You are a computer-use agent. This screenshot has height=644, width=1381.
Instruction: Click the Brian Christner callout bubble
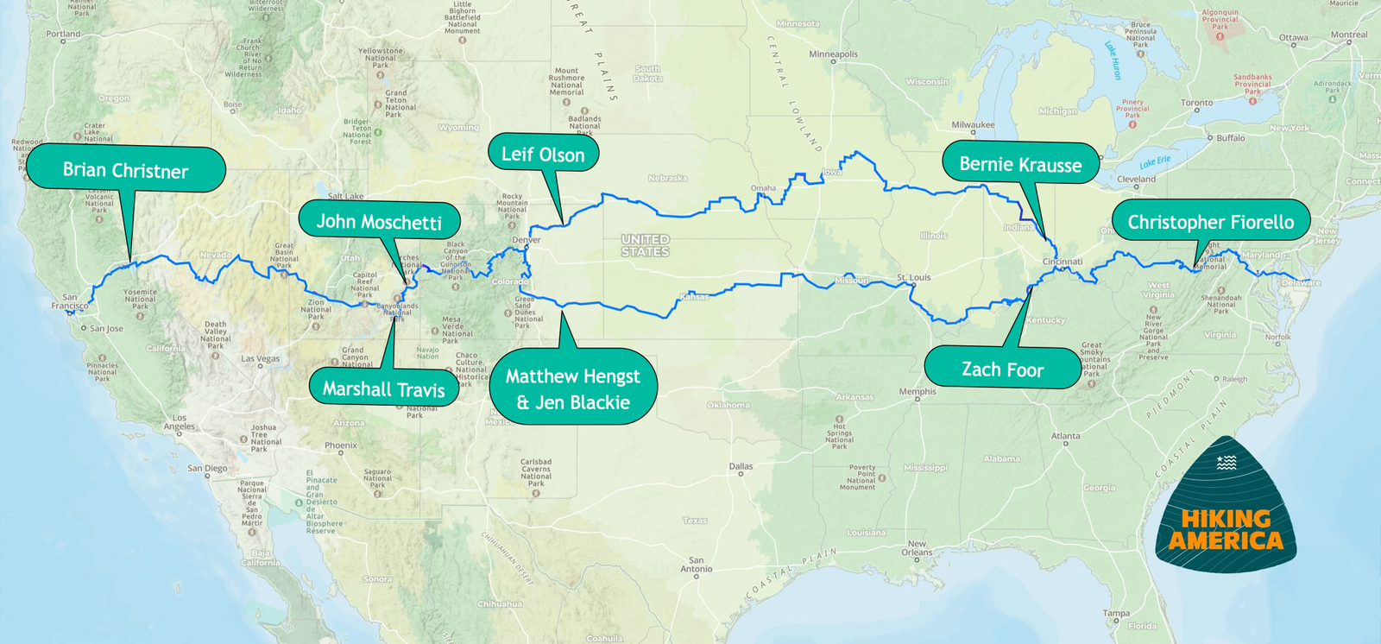click(x=125, y=170)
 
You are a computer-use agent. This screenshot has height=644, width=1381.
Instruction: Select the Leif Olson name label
click(x=543, y=155)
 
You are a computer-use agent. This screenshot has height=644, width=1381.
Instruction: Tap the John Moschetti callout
click(x=379, y=222)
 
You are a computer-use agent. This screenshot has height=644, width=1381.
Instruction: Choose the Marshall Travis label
click(x=384, y=388)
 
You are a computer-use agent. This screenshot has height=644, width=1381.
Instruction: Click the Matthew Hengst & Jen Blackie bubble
click(x=573, y=388)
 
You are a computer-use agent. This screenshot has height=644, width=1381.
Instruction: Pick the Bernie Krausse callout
click(x=1020, y=165)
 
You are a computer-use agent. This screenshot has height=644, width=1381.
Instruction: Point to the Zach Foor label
click(x=1002, y=369)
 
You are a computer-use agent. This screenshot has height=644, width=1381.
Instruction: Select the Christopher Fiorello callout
click(x=1210, y=222)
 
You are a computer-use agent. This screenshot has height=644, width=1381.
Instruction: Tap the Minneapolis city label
click(x=833, y=54)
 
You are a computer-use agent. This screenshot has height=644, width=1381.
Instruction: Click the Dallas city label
click(x=741, y=466)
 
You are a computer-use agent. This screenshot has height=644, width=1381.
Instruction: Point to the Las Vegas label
click(x=260, y=358)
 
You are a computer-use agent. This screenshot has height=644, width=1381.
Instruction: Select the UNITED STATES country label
click(x=645, y=245)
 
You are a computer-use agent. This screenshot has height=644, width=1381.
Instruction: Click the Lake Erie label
click(x=1155, y=162)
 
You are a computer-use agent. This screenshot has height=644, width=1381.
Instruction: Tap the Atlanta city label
click(x=1065, y=436)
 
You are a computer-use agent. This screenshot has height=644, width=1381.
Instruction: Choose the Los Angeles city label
click(x=179, y=422)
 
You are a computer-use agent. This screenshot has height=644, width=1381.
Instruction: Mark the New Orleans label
click(x=917, y=548)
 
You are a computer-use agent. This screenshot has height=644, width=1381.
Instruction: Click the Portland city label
click(x=63, y=34)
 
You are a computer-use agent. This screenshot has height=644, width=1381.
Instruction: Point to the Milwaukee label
click(x=973, y=125)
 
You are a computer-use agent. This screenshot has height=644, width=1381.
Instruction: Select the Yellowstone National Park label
click(x=381, y=58)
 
